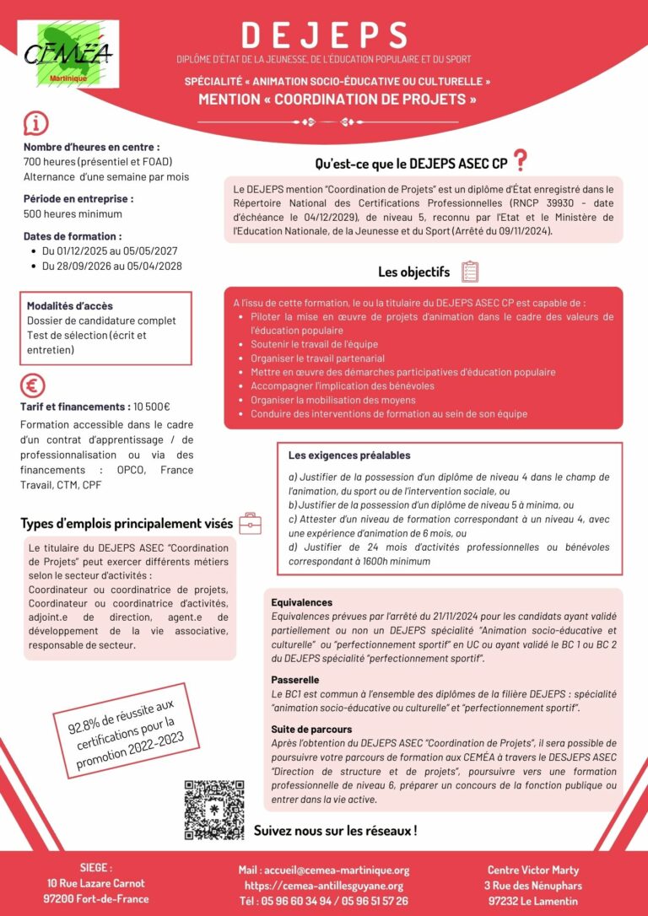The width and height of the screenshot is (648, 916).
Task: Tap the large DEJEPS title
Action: (x=324, y=35)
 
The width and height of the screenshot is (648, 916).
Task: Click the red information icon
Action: (x=35, y=123)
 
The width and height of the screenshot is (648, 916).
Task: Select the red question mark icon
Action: (x=521, y=159)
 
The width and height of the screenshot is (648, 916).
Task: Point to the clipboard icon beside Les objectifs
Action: (x=470, y=272)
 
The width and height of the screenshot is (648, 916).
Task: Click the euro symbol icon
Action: (x=34, y=385)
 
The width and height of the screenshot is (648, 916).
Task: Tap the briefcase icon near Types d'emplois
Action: (x=250, y=523)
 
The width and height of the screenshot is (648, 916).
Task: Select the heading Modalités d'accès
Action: (x=70, y=306)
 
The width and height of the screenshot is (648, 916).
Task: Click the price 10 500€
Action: (x=152, y=407)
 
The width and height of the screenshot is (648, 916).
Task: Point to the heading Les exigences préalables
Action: (x=349, y=455)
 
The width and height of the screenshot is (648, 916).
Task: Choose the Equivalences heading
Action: (x=301, y=602)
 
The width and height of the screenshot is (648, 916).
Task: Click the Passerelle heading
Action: (x=295, y=679)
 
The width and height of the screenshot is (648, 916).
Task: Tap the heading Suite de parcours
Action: (x=311, y=729)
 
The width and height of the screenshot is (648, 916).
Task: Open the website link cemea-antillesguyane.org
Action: (x=324, y=886)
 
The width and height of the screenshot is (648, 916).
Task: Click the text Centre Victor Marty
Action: (x=533, y=870)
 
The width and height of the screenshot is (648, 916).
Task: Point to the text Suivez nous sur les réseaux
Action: (x=335, y=831)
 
